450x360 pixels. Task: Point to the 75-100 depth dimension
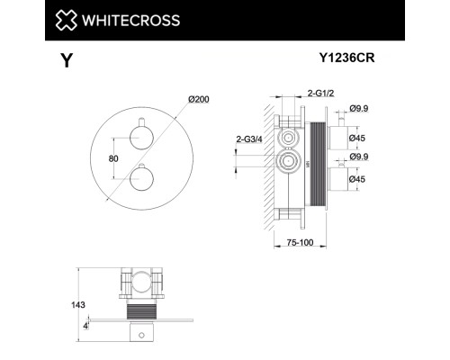pos(289,243)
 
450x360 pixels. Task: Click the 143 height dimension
pos(84,305)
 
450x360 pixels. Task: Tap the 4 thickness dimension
pos(85,326)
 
